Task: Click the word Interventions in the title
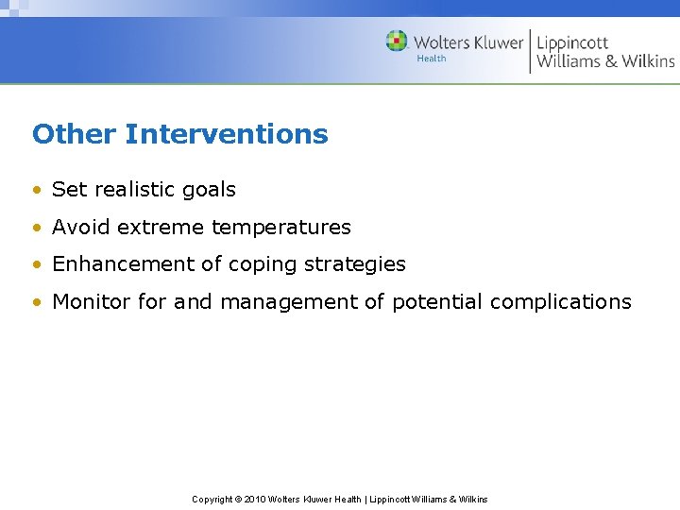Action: (x=227, y=134)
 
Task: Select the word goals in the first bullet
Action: (x=209, y=190)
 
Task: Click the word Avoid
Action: (x=81, y=227)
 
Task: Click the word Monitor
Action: (x=92, y=302)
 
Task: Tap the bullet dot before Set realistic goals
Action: (x=36, y=190)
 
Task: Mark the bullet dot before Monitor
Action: (x=36, y=303)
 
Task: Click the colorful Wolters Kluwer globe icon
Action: (x=397, y=42)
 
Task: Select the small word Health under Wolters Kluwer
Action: (x=432, y=59)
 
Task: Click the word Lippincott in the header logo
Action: (x=572, y=42)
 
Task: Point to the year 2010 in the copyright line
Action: (x=257, y=499)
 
